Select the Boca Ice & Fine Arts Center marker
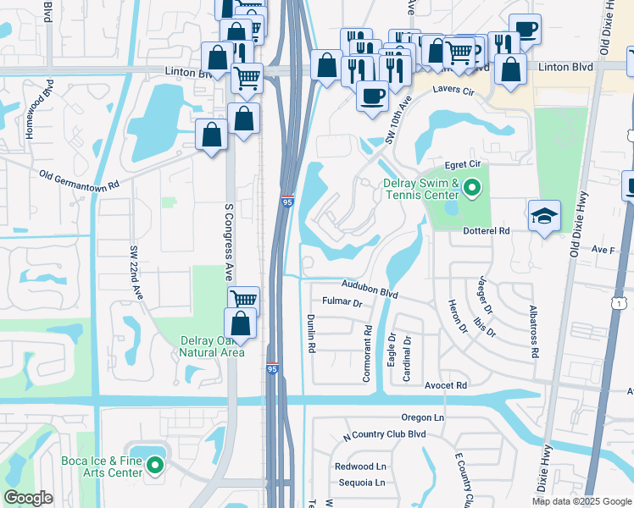pos(155,465)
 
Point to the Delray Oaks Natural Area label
pos(212,346)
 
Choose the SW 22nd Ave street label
pos(136,272)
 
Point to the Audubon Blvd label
pos(370,289)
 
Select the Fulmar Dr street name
pos(342,302)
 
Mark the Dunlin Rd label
pos(311,333)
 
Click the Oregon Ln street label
pos(423,418)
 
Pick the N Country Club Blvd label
pos(384,434)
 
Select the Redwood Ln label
pos(360,467)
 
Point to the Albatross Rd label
pos(533,332)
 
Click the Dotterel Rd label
pos(486,230)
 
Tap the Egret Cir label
pos(463,167)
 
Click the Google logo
pos(29,498)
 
